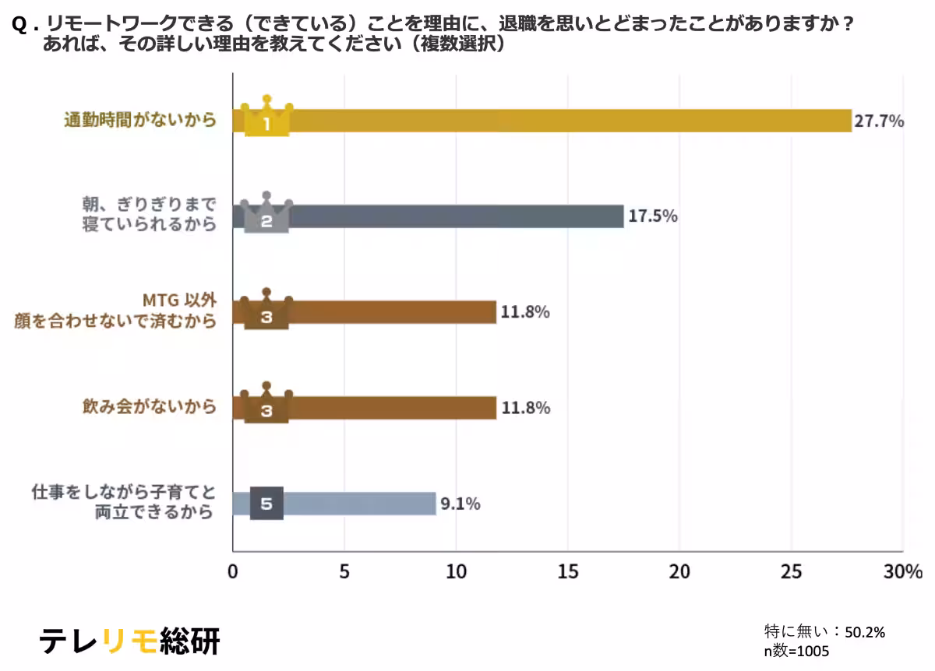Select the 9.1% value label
(x=460, y=504)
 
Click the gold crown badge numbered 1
(x=266, y=118)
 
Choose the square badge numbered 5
(x=266, y=504)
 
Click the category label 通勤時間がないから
(x=139, y=121)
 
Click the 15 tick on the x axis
(x=568, y=571)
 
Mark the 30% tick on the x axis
(x=903, y=571)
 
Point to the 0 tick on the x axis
(x=232, y=571)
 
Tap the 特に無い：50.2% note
(x=824, y=632)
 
